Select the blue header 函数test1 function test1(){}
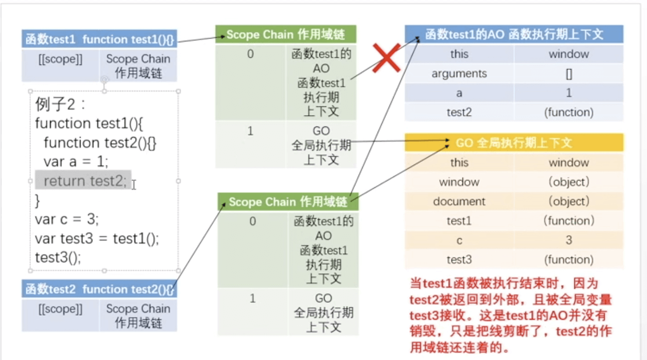click(99, 39)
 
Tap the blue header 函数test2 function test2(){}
click(99, 289)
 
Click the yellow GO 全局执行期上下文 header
click(514, 143)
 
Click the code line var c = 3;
click(67, 219)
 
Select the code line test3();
click(58, 257)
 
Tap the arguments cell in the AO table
click(459, 74)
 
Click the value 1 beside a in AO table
click(569, 93)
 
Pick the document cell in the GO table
click(459, 201)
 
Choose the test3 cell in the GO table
click(459, 259)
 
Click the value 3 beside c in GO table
click(569, 240)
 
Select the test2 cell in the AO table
click(459, 112)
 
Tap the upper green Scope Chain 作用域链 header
click(285, 35)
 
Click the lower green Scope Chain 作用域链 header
click(287, 202)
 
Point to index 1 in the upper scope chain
click(251, 131)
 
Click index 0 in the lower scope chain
click(252, 222)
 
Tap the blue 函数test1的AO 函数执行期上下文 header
click(514, 35)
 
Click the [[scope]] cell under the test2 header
click(60, 309)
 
